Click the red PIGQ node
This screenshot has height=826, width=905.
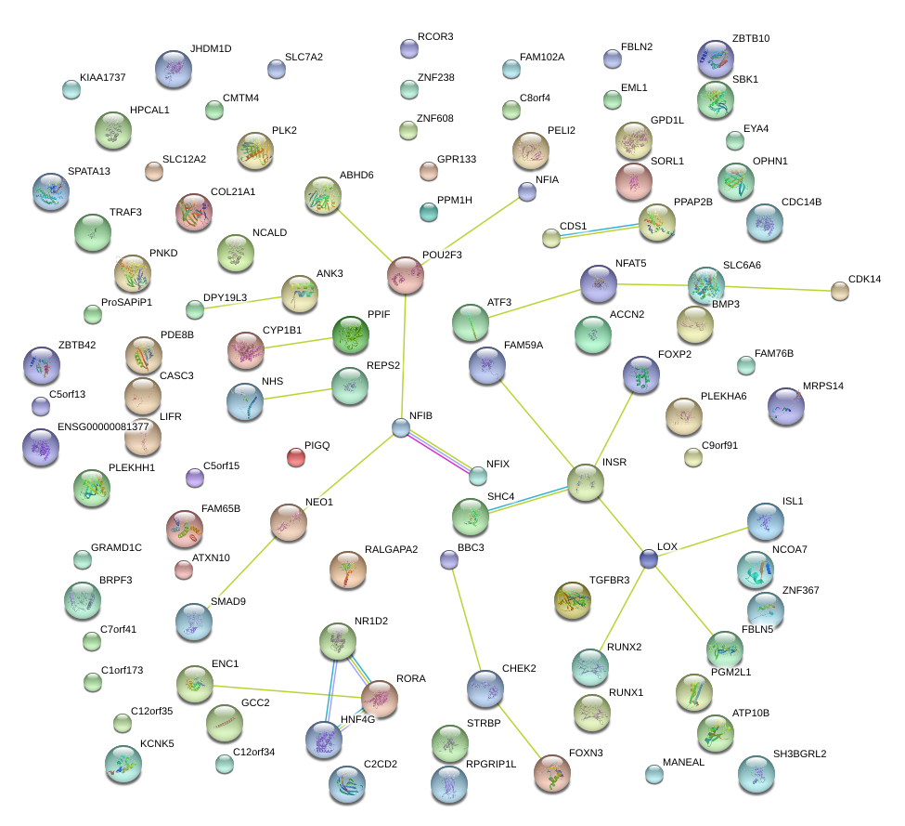296,456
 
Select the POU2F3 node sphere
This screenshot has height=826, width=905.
406,275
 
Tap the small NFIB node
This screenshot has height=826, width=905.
400,427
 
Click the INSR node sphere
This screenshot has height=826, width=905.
586,483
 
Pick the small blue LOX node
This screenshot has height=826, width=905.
649,558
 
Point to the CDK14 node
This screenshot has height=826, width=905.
840,291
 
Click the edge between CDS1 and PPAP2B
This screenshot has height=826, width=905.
595,229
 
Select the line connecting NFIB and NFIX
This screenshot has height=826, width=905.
439,452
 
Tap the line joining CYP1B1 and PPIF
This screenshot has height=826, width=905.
299,343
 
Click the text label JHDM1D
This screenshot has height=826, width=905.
211,48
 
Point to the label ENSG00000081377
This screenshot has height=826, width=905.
103,426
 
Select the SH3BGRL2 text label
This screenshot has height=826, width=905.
799,754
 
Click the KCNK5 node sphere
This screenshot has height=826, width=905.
123,763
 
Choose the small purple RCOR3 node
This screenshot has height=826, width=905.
408,48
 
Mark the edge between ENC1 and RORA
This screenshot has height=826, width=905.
287,690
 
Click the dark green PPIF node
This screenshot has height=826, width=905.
351,334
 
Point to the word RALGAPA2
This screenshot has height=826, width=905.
391,549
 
